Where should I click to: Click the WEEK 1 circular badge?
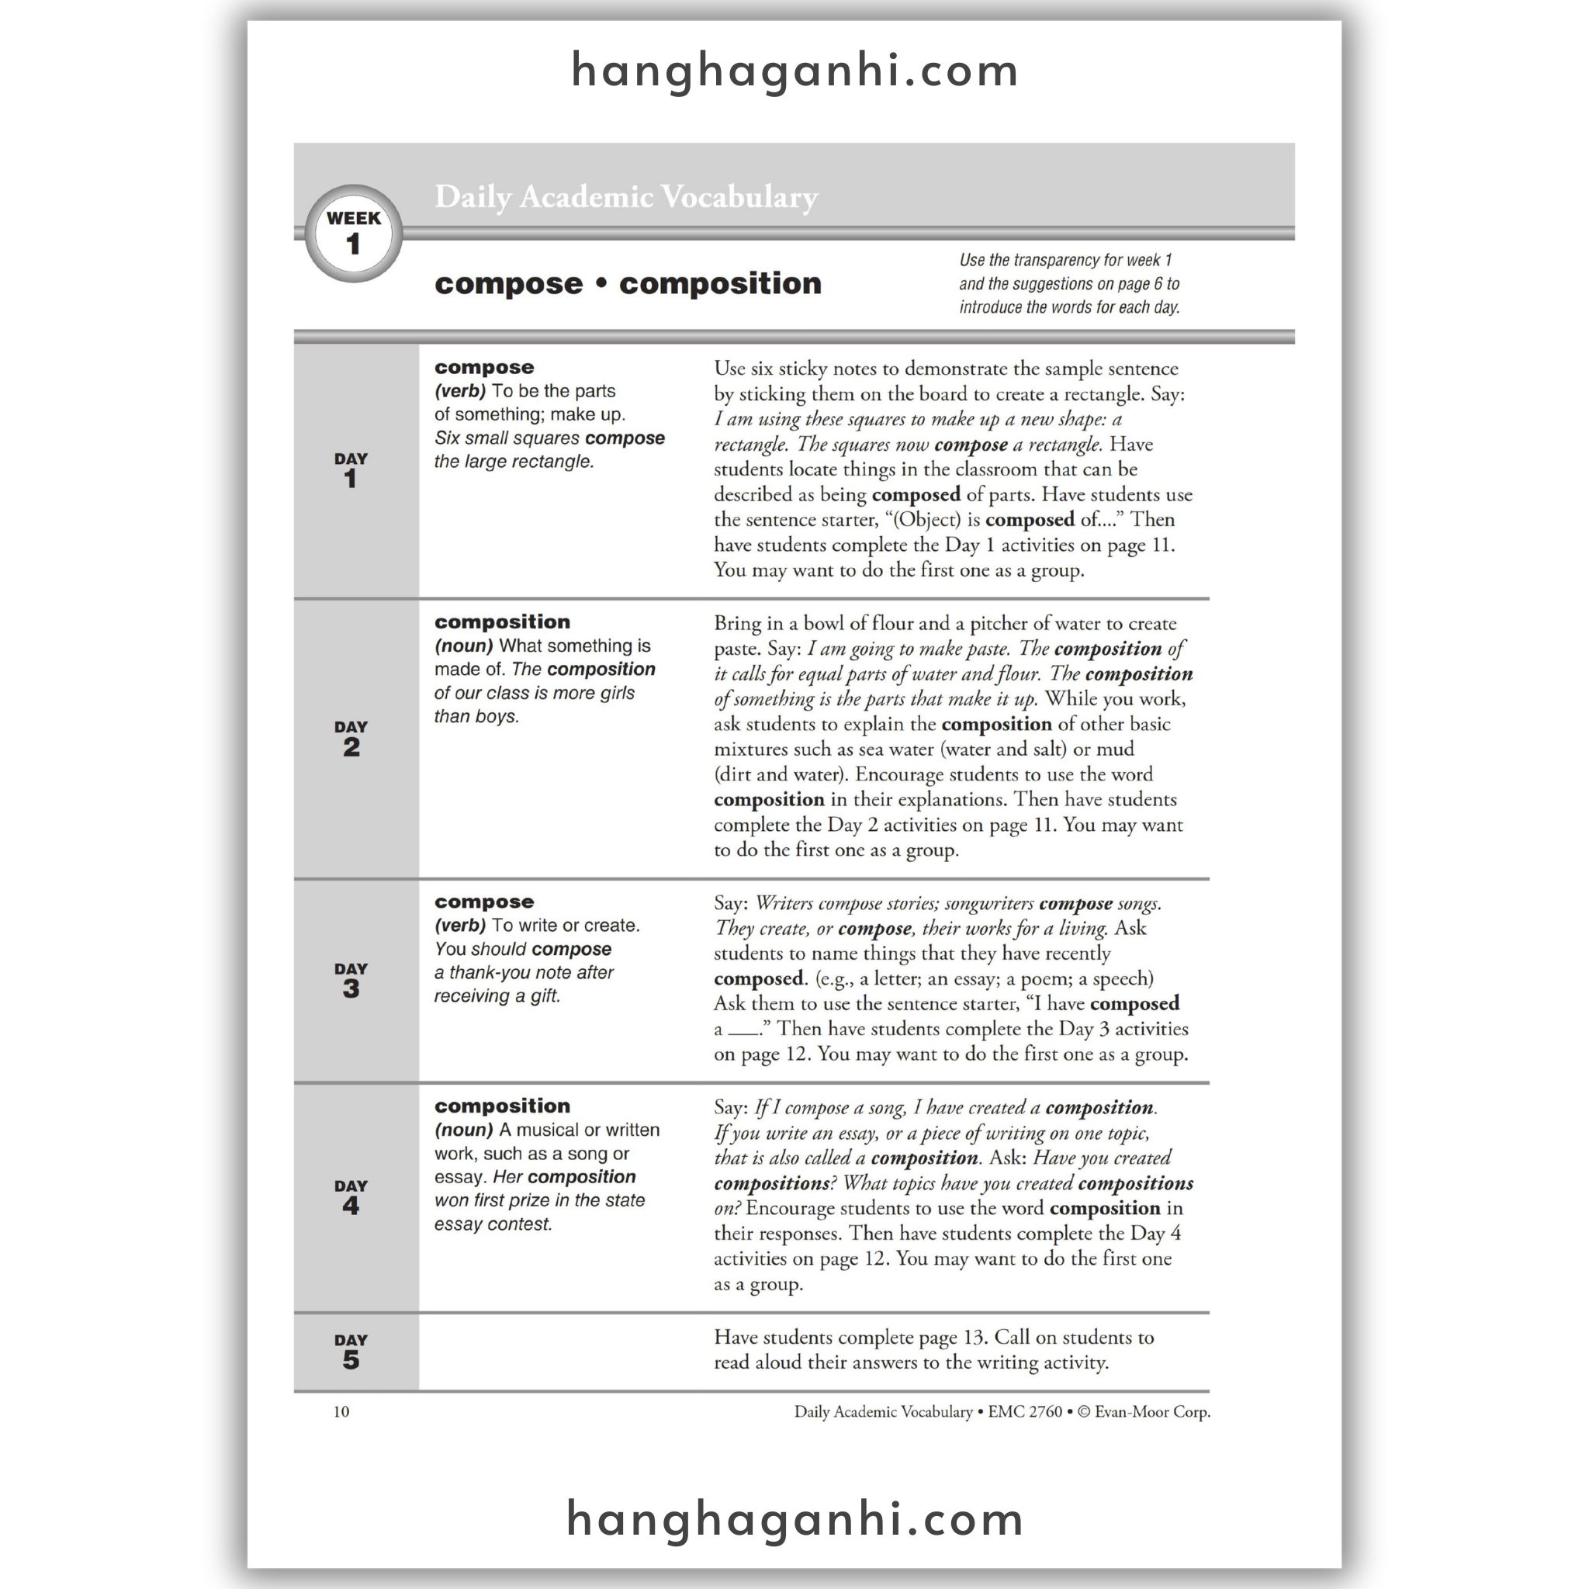(x=353, y=233)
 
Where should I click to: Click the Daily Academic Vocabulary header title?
(x=626, y=196)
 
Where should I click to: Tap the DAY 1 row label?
(x=351, y=469)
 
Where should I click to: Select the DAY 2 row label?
(x=351, y=738)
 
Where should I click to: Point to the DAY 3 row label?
(x=351, y=980)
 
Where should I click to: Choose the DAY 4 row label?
(x=351, y=1196)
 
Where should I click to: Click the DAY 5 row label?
(x=351, y=1352)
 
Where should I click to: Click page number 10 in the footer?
(x=341, y=1411)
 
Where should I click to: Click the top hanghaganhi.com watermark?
(x=794, y=71)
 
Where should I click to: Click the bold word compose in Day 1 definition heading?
(x=483, y=367)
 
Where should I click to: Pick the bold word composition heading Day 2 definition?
(x=502, y=621)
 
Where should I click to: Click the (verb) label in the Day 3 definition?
(x=460, y=926)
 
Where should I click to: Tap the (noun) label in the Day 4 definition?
(x=463, y=1130)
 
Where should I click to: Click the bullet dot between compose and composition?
(x=601, y=283)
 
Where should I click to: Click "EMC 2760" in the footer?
(x=1025, y=1411)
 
